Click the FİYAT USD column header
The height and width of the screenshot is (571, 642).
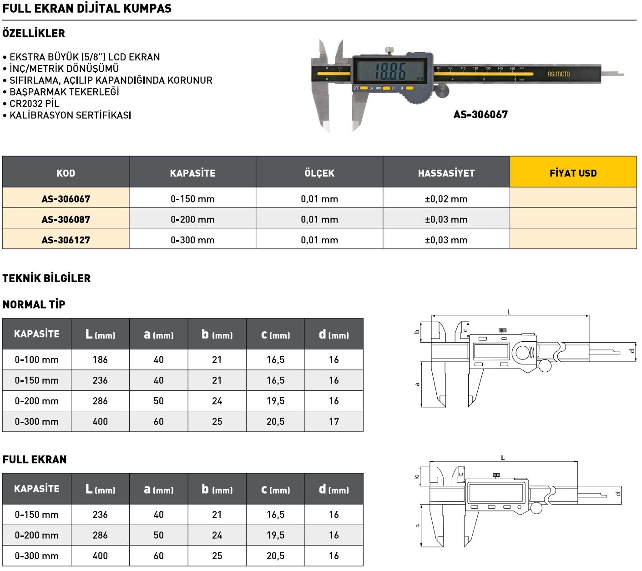point(573,173)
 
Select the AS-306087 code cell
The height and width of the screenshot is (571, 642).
point(66,219)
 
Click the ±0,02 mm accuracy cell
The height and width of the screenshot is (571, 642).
point(446,199)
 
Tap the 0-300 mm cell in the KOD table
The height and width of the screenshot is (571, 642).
point(192,240)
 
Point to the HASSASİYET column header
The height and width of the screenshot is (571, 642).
point(446,173)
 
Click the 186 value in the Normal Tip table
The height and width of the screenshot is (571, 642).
point(100,359)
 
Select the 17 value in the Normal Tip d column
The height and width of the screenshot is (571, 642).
point(334,421)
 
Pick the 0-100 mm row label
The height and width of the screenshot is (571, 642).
point(37,359)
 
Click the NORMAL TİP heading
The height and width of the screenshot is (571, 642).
point(34,304)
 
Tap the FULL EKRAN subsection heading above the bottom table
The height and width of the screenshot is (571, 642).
point(35,460)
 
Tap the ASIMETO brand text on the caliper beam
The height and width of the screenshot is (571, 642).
point(558,74)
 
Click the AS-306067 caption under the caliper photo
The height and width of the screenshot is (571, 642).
point(480,115)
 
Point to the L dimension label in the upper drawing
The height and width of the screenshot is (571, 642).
point(509,312)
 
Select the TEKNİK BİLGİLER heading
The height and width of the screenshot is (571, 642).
point(46,278)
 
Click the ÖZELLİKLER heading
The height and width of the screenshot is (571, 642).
point(34,33)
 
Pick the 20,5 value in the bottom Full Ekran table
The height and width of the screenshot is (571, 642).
point(275,556)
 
